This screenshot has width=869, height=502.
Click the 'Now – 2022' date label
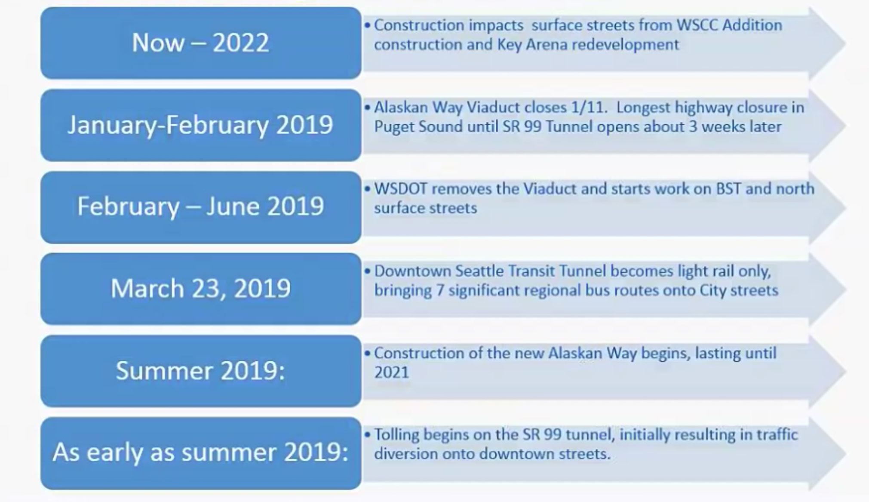click(x=200, y=43)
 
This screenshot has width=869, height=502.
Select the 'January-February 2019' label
click(x=200, y=125)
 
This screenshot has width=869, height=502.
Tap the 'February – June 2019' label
click(x=200, y=206)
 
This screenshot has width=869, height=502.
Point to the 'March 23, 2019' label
click(x=200, y=288)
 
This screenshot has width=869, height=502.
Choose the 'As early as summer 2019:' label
click(x=200, y=453)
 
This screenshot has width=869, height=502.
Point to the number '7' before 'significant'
click(x=440, y=290)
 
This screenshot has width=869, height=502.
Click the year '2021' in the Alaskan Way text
click(x=391, y=372)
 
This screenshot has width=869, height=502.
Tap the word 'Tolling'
click(x=396, y=435)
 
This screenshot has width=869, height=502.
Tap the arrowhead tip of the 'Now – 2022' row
click(x=845, y=43)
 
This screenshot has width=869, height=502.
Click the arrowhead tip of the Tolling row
click(x=845, y=453)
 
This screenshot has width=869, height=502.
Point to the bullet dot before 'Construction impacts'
click(x=367, y=25)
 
